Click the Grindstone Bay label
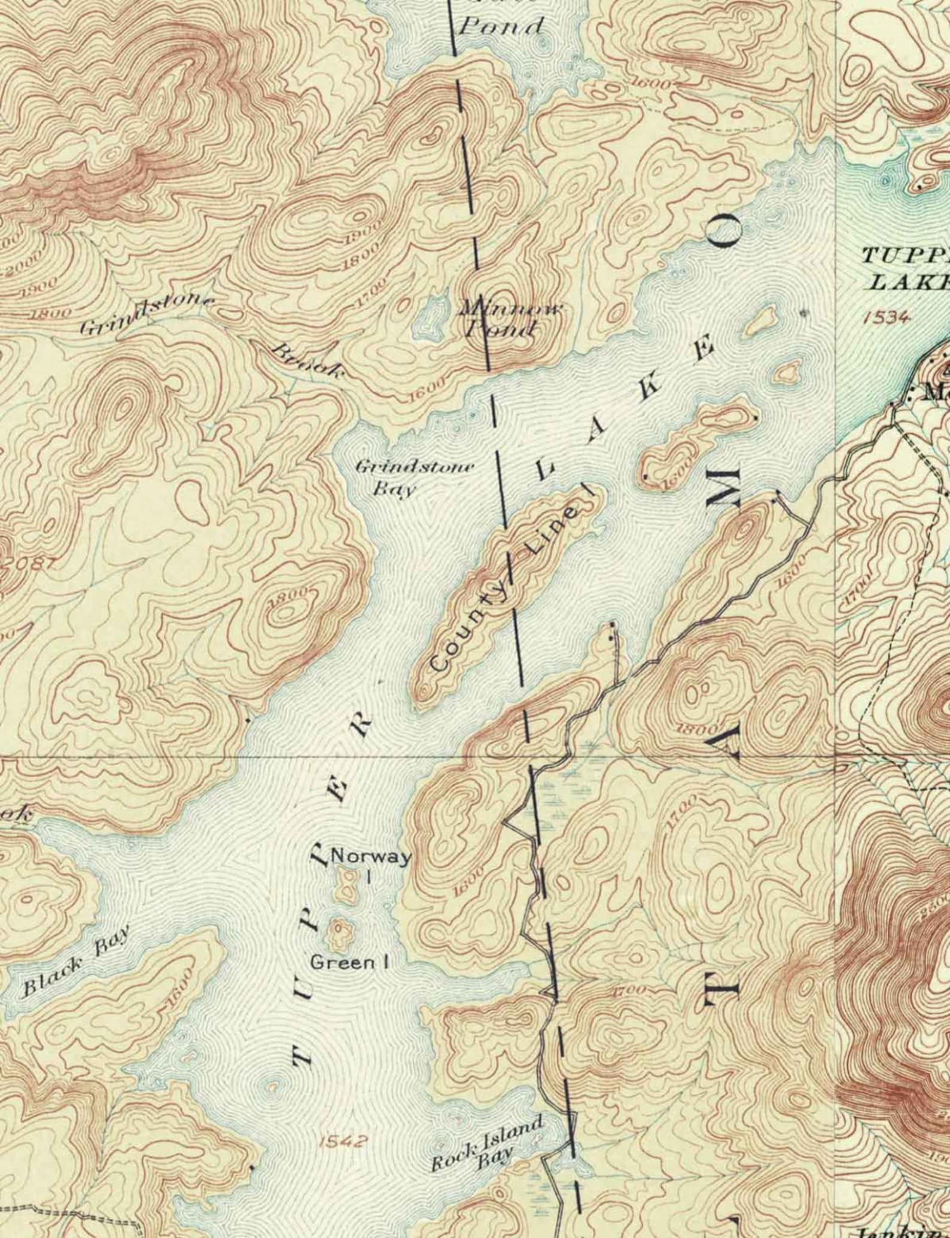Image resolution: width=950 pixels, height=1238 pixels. coord(415,478)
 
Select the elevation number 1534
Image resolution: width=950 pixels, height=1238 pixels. coord(888,317)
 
